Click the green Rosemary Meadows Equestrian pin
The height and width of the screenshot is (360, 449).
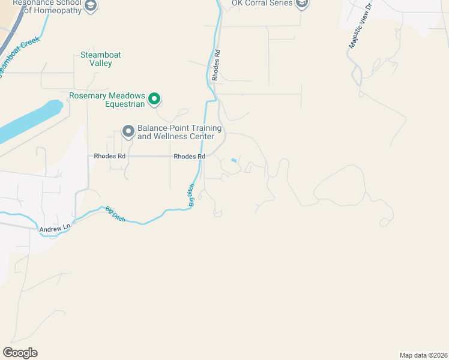pos(154,98)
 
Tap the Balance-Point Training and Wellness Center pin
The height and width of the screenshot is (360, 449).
pos(128,131)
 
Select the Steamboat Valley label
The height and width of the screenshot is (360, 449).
pos(101,59)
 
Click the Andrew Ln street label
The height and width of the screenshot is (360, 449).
pos(55,229)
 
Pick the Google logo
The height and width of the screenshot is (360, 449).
pos(20,353)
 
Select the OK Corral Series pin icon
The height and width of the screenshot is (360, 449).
pos(302,4)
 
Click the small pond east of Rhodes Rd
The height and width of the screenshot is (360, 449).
pos(234,160)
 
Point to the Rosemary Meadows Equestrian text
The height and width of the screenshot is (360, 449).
pos(107,100)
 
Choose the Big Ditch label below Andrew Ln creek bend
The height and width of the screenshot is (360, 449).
pos(115,214)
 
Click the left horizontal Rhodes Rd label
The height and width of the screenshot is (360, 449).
pos(110,156)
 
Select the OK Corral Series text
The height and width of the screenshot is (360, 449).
pos(263,4)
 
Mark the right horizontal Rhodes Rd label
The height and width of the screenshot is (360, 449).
pos(190,156)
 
